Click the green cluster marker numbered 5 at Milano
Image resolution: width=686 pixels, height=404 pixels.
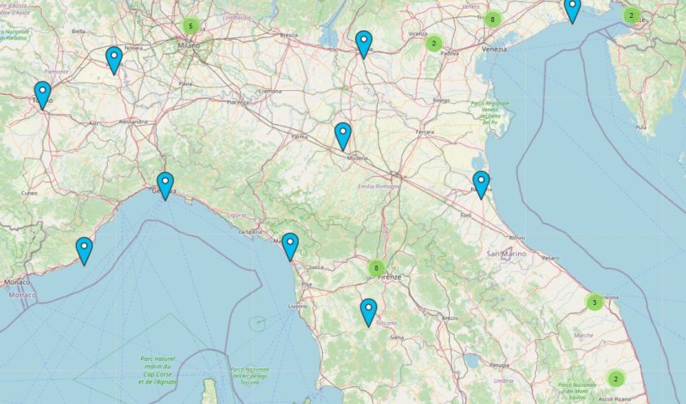point(191,26)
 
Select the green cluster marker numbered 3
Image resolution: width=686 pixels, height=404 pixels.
point(594,303)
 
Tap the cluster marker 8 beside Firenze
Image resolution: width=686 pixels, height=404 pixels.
point(375,268)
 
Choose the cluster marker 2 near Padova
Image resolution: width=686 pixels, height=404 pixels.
point(434,44)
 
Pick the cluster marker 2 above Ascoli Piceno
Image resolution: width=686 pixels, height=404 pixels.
point(615,379)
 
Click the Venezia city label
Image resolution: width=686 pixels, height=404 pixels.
point(493,49)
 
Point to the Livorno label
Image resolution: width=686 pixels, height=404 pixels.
point(298,307)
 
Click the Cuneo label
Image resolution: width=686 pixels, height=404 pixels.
point(30,193)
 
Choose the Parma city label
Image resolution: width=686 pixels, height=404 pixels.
point(300,137)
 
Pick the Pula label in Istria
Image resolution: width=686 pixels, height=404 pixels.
point(641,127)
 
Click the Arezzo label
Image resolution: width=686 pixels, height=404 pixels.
point(450,318)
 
